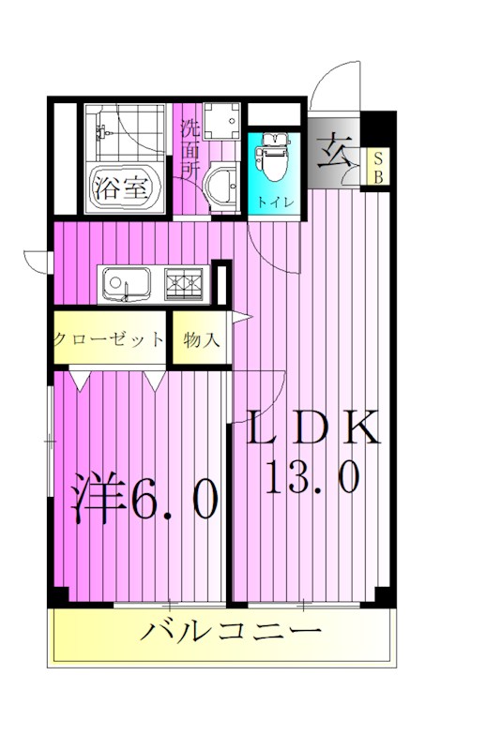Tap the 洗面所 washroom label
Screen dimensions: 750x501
(x=190, y=150)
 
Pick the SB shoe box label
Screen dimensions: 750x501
(x=380, y=167)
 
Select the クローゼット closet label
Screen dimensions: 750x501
(x=109, y=339)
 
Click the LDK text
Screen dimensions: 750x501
(x=314, y=429)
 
